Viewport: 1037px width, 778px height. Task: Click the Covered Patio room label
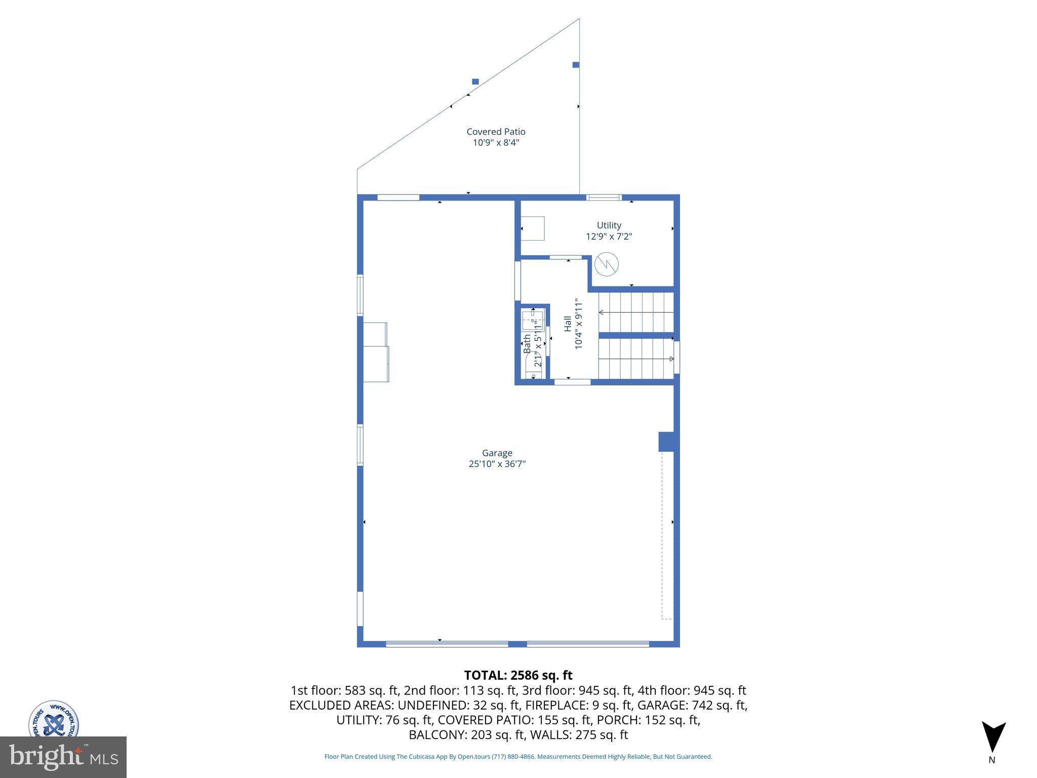coord(496,132)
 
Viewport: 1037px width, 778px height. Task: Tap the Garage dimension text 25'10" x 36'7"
coord(497,464)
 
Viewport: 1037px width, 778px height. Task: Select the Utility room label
coord(609,225)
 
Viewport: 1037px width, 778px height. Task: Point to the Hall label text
coord(568,324)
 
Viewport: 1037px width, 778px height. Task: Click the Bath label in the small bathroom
coord(527,344)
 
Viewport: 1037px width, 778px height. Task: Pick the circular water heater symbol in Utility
coord(606,264)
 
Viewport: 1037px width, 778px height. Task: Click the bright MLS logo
coord(63,757)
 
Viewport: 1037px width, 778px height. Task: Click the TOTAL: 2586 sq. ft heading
coord(518,675)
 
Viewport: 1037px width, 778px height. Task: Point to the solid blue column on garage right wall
coord(666,441)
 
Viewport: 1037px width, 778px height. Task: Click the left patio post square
coord(475,82)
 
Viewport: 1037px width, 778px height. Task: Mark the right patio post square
coord(576,65)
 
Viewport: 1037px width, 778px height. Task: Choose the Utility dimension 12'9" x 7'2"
coord(609,237)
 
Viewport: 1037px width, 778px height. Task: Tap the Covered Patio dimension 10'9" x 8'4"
coord(496,143)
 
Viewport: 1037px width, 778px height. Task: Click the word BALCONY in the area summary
coord(438,735)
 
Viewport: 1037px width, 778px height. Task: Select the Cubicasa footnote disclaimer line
coord(518,757)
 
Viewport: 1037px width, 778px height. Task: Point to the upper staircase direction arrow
coord(601,313)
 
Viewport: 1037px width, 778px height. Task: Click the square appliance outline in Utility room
coord(533,228)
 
